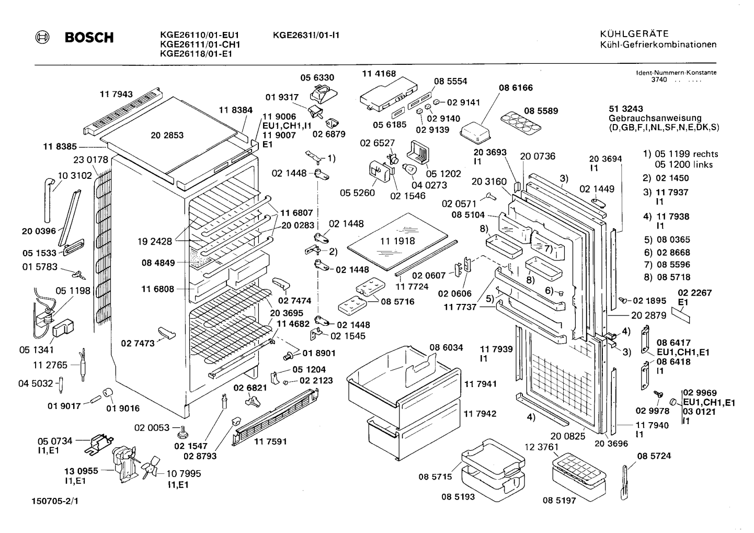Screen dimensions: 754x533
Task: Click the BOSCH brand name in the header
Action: (89, 37)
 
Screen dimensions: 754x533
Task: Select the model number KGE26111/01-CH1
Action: (200, 44)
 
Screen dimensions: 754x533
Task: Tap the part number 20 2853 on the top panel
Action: (167, 135)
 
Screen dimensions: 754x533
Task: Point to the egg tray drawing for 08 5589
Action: (520, 123)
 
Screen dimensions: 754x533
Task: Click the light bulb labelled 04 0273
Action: (409, 169)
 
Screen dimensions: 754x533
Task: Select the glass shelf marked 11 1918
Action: (398, 241)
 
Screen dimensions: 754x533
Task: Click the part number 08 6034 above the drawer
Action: (446, 347)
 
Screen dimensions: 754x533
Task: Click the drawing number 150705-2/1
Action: (55, 501)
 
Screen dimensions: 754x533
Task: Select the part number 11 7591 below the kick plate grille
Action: (270, 441)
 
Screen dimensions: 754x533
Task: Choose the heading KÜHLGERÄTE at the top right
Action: (634, 34)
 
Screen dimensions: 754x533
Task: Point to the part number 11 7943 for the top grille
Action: (116, 94)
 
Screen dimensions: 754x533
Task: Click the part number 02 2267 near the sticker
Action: (694, 292)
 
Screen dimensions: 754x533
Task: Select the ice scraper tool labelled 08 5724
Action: (625, 482)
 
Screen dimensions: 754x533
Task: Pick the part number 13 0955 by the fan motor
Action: (81, 471)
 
